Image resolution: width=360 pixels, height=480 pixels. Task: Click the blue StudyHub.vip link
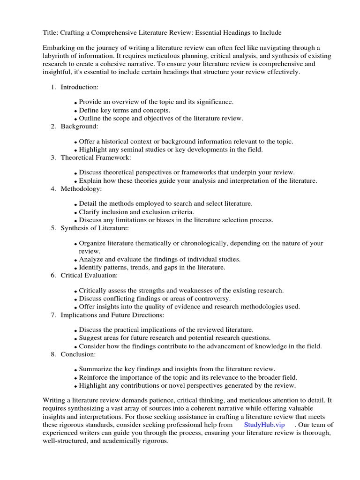[264, 425]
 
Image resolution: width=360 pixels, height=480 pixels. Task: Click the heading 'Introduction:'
[80, 87]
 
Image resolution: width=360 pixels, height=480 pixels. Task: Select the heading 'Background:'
[79, 126]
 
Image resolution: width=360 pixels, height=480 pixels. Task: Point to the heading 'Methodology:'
[81, 188]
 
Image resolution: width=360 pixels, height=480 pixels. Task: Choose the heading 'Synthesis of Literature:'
[95, 228]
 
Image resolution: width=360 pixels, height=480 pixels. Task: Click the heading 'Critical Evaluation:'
[89, 275]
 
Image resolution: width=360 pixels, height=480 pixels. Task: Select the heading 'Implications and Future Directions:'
[112, 315]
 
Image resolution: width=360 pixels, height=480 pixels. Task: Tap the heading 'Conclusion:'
[78, 354]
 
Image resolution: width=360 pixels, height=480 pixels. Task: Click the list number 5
[53, 228]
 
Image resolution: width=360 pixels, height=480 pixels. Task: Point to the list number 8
[53, 354]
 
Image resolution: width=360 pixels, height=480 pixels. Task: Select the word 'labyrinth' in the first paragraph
[57, 56]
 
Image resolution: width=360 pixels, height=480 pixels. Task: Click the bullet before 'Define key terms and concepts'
[75, 111]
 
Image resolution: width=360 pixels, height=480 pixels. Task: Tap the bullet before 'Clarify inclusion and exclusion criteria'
[75, 213]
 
